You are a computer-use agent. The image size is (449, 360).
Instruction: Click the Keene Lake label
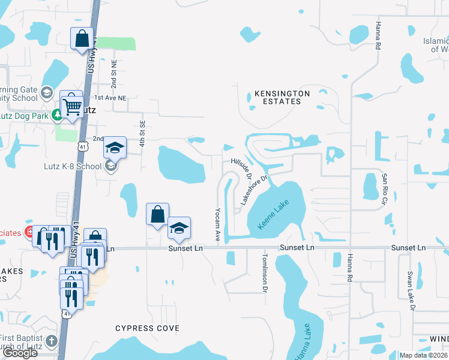click(273, 215)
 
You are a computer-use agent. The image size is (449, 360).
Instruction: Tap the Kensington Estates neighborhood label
click(282, 98)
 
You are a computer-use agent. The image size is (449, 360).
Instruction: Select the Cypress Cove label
click(147, 328)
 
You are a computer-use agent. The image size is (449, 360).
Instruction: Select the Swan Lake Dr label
click(411, 290)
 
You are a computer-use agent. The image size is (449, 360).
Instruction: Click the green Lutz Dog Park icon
click(58, 114)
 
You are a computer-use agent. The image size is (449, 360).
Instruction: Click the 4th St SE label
click(143, 133)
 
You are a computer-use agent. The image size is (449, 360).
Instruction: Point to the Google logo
click(20, 353)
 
